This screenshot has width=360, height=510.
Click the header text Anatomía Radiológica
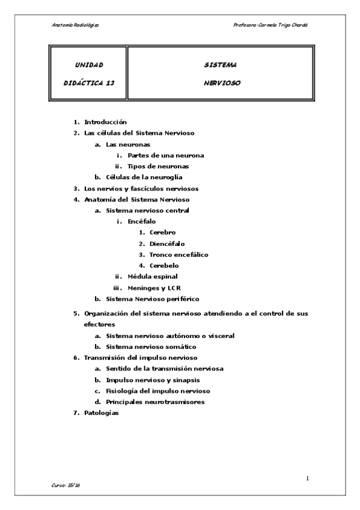click(x=75, y=25)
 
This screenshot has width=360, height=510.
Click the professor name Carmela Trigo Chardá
click(x=286, y=25)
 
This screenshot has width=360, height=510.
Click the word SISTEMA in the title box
click(x=220, y=64)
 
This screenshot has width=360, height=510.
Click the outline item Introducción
click(x=105, y=122)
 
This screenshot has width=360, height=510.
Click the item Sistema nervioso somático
click(x=151, y=346)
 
